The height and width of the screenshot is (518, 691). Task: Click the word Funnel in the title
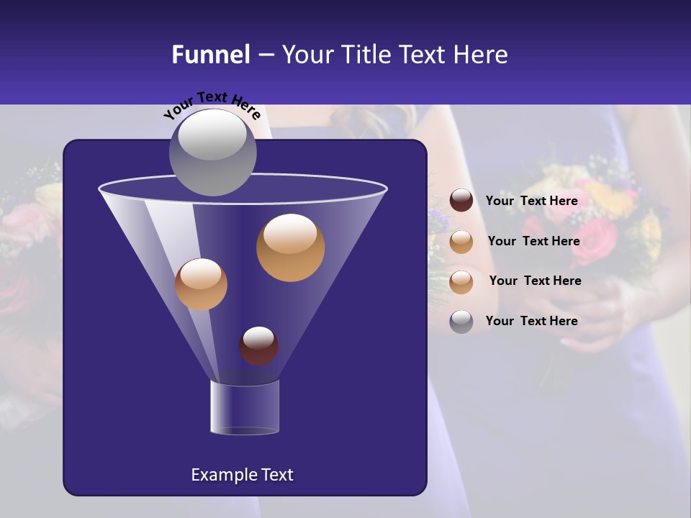pos(210,55)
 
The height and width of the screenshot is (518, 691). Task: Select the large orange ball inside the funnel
pos(290,247)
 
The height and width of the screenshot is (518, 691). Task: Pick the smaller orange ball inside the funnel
pos(201,284)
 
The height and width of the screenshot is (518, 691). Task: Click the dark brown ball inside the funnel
pos(258,345)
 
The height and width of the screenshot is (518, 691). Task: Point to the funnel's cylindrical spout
pos(245,407)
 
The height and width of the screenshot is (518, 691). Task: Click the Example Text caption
pos(242,475)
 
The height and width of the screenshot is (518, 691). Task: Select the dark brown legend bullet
pos(461,201)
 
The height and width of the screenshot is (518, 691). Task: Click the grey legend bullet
pos(461,322)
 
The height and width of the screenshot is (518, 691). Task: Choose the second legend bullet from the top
pos(461,242)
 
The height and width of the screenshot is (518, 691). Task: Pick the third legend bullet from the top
pos(461,281)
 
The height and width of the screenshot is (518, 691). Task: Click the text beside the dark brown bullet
pos(531,201)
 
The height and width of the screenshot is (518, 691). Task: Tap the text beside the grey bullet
pos(531,321)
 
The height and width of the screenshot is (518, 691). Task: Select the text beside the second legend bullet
pos(533,241)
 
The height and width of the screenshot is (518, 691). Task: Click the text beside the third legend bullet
pos(535,281)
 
